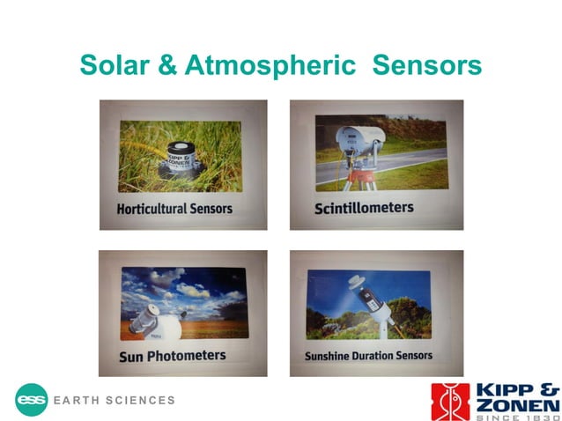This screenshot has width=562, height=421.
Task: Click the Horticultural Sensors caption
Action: pos(175,209)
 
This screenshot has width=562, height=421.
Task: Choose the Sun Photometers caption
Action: pos(173,356)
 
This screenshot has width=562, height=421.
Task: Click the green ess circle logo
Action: pos(31,399)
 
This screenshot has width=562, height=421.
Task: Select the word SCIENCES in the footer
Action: pos(140,400)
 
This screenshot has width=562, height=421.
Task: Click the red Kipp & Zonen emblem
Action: pos(449,401)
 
